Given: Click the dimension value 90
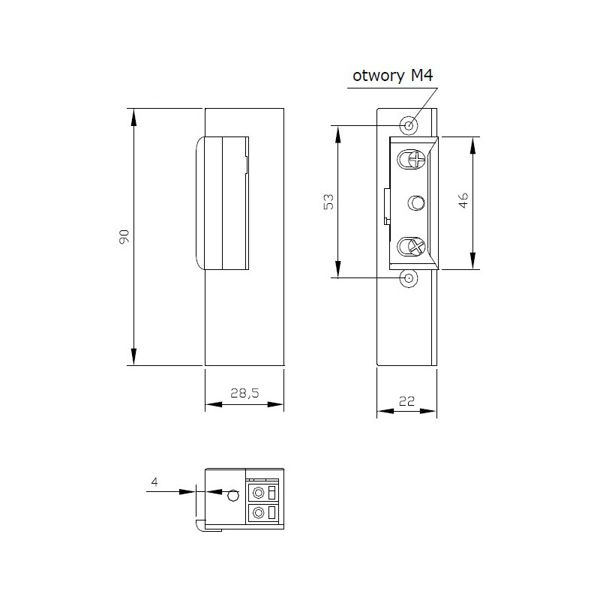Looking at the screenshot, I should click(x=125, y=236).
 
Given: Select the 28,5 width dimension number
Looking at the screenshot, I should click(x=244, y=392).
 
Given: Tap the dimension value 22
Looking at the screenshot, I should click(x=406, y=400).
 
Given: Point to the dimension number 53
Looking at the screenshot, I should click(x=328, y=201).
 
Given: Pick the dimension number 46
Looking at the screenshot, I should click(x=463, y=201).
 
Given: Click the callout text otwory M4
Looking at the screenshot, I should click(x=391, y=76).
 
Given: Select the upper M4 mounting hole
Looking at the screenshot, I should click(x=409, y=125).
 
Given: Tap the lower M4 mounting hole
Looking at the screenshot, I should click(x=409, y=278).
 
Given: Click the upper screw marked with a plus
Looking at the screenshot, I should click(x=412, y=159).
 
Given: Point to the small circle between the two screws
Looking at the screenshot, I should click(x=416, y=202).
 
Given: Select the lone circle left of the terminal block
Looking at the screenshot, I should click(x=233, y=494).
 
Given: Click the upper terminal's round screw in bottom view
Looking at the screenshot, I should click(x=259, y=493).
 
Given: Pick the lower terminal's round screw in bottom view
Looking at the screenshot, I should click(x=259, y=513).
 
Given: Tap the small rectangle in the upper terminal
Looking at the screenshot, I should click(x=272, y=493).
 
